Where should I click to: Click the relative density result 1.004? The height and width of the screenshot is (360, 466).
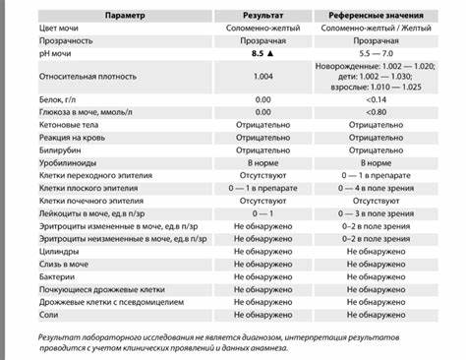pyautogui.click(x=262, y=76)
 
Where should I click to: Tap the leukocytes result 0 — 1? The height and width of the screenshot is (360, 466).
pyautogui.click(x=262, y=211)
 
